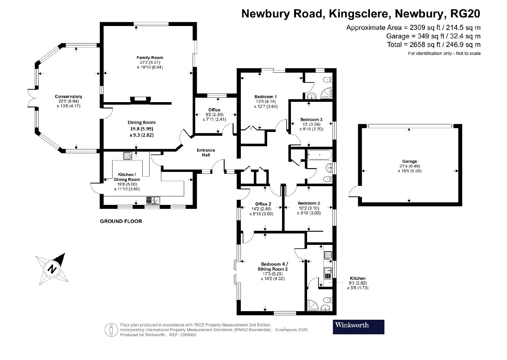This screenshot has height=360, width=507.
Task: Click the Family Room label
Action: point(150,57)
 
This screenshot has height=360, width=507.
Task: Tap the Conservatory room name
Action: point(68,96)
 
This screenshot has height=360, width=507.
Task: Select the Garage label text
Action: point(409,161)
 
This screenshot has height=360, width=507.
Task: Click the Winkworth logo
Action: point(358,327)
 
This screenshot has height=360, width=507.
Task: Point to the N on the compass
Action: point(52,269)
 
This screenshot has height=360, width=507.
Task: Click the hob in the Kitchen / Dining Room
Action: point(128,156)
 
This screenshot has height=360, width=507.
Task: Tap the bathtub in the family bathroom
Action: point(319,155)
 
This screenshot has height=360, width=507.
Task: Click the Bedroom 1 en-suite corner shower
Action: point(327,93)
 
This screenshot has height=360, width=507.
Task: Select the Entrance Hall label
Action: point(206,153)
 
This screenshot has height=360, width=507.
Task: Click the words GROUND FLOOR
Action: point(121,221)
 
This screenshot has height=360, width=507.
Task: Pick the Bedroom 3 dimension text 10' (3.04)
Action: point(311,124)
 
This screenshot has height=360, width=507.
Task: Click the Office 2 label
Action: point(263,204)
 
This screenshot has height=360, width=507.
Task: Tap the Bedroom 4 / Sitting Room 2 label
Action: point(273,266)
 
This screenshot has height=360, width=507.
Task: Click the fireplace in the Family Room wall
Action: point(140,100)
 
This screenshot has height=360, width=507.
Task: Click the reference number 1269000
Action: point(188,335)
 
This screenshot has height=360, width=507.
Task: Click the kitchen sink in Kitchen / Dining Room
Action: point(153,200)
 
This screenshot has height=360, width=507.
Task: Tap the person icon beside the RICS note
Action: point(111,330)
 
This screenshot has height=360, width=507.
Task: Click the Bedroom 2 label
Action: point(309,203)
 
